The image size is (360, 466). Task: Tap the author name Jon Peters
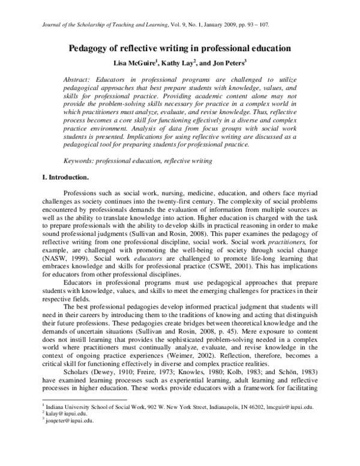(227, 62)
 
